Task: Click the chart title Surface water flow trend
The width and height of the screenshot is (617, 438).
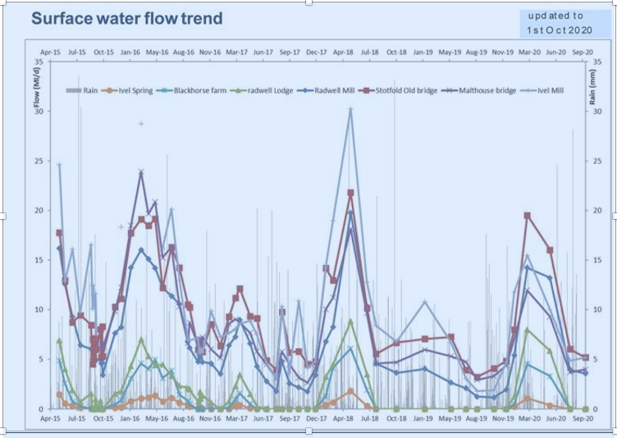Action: point(126,18)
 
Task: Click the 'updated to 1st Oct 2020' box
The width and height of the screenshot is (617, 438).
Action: point(555,23)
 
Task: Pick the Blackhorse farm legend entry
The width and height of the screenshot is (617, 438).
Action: point(195,90)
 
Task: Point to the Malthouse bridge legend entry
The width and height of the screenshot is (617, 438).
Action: point(484,90)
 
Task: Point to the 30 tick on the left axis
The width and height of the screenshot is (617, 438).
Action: point(42,111)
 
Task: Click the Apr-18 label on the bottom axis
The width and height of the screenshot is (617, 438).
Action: point(343,418)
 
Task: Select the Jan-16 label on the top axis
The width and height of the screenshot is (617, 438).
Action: point(130,52)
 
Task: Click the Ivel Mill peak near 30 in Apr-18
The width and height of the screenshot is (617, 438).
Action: point(350,109)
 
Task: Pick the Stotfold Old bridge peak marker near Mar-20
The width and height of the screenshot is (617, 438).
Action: point(527,216)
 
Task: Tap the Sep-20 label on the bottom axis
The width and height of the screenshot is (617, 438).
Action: point(583,418)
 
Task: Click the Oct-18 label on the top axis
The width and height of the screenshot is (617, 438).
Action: point(396,52)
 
